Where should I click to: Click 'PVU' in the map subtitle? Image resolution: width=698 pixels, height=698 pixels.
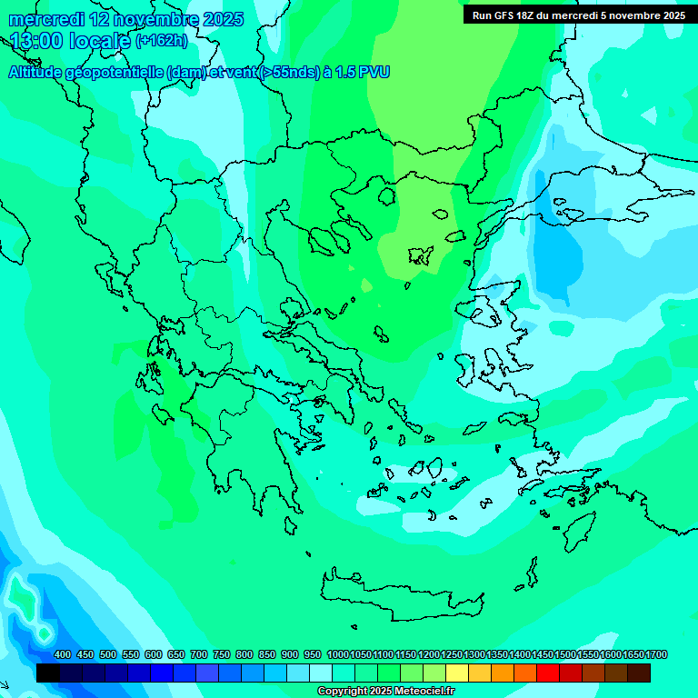(x=374, y=73)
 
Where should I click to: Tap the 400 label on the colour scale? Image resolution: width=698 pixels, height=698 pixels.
(x=63, y=655)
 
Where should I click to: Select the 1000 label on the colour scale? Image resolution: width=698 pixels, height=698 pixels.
(x=337, y=655)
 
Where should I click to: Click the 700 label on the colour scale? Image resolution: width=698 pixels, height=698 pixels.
(x=199, y=655)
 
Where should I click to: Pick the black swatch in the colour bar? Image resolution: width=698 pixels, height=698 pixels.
(x=48, y=673)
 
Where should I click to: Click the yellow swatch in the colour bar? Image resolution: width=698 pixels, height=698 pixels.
(x=457, y=673)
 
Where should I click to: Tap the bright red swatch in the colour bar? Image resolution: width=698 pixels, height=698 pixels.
(x=548, y=673)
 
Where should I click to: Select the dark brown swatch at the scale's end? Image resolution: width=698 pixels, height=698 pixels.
(x=639, y=673)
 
